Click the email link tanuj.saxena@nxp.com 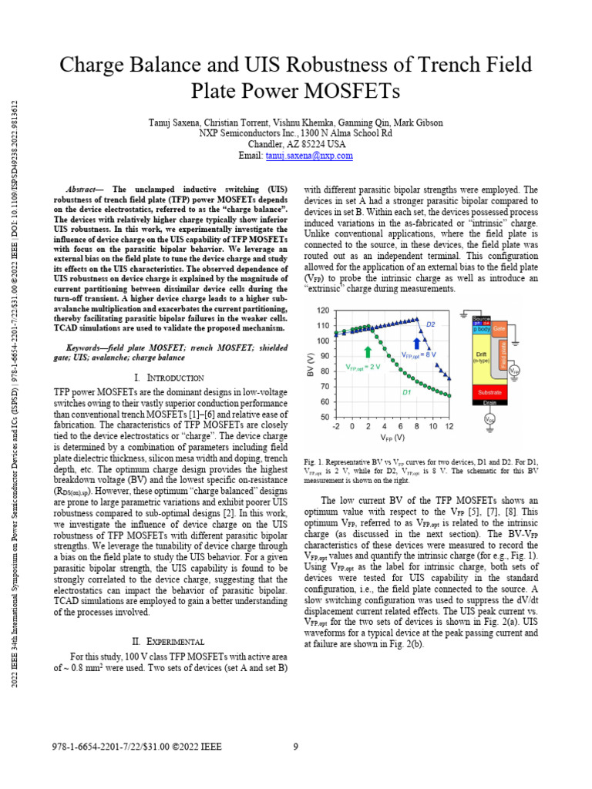pos(309,155)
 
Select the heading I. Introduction pos(169,378)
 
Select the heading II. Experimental pos(169,640)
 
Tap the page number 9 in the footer pos(296,745)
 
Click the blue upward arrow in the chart pos(419,341)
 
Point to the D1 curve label pos(405,392)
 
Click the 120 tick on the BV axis pos(324,311)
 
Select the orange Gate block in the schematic pos(499,327)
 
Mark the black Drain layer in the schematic pos(488,401)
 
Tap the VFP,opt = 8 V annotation pos(421,354)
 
